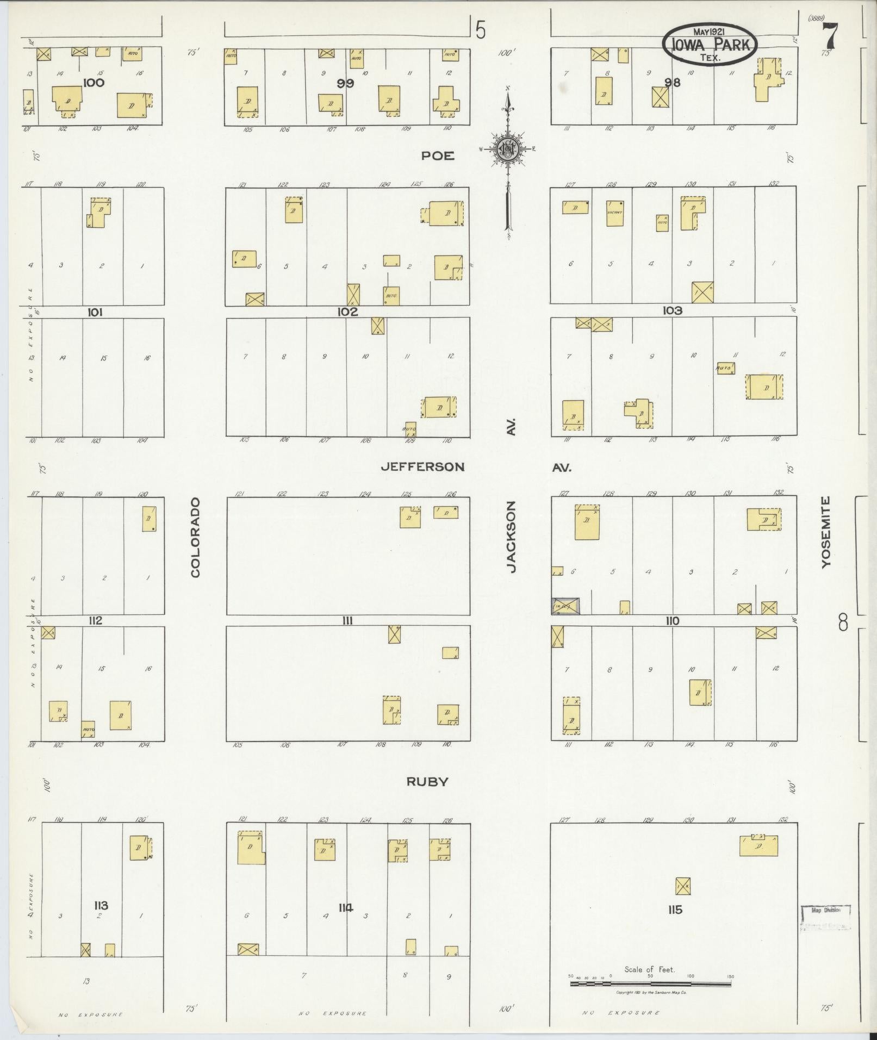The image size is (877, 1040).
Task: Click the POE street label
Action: (438, 156)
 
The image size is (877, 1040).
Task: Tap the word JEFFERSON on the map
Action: (422, 467)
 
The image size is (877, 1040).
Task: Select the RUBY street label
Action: (427, 782)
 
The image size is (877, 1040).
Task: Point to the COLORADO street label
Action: (196, 537)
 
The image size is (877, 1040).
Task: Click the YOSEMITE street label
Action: (826, 533)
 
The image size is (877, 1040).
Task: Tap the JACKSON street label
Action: (511, 537)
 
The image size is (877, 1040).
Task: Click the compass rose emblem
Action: (508, 148)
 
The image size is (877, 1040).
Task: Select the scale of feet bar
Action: (650, 976)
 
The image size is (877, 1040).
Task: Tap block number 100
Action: (94, 83)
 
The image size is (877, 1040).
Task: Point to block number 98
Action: (673, 83)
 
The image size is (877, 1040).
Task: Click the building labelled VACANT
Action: (614, 213)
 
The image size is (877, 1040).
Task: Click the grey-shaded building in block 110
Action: (565, 606)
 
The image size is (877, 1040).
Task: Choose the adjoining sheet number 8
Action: (843, 622)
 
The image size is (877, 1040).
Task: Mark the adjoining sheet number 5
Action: (480, 30)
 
